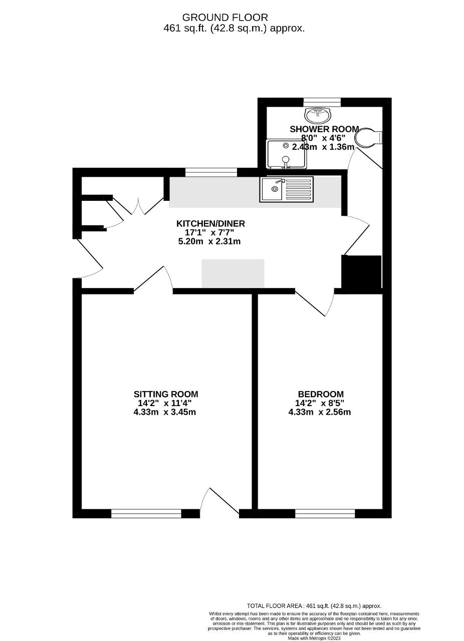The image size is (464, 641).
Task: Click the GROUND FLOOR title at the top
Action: [x=224, y=18]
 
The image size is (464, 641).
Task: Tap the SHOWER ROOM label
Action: [x=324, y=129]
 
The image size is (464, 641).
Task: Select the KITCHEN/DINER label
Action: [x=210, y=223]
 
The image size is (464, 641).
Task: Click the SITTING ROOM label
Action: [x=166, y=394]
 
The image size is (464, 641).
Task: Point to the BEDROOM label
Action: [x=320, y=394]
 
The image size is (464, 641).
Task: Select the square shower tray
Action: [x=286, y=154]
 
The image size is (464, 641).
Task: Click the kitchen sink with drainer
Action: [x=286, y=189]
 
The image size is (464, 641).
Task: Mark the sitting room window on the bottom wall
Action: [x=146, y=513]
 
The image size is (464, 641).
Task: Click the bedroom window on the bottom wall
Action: [x=325, y=513]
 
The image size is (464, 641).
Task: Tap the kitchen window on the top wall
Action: [x=211, y=173]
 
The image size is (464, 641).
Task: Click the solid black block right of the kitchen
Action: [x=361, y=273]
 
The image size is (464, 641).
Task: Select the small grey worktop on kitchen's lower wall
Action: [x=233, y=273]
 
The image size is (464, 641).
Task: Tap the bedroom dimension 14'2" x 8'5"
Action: [x=320, y=403]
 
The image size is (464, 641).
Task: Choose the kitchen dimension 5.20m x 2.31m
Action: [x=209, y=241]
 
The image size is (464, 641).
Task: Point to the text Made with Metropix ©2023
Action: [x=314, y=638]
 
